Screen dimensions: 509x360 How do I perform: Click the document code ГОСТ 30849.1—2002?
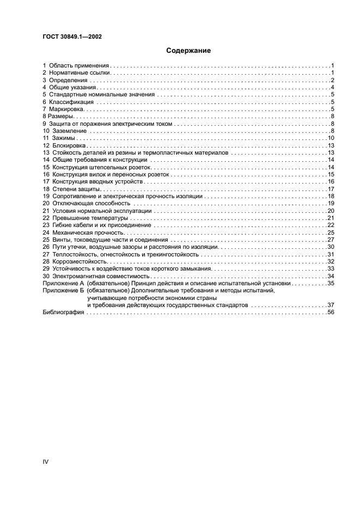72,36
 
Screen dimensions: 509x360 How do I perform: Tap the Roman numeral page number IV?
46,462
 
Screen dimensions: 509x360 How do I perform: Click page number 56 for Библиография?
330,313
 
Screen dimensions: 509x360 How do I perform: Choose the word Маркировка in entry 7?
67,109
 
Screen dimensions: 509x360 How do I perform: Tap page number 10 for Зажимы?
330,138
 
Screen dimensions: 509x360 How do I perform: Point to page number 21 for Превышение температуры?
330,218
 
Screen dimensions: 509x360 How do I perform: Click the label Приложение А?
63,284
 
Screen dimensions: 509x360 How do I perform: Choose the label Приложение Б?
63,291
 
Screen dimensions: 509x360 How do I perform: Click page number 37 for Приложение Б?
330,305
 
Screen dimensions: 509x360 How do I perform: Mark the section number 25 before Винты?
46,240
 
